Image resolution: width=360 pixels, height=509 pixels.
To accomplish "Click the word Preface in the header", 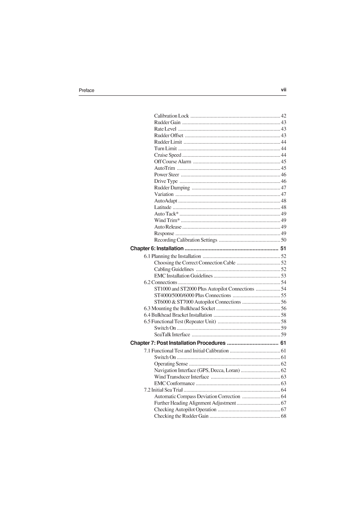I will click(x=86, y=90).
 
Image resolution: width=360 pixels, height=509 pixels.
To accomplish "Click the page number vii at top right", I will click(x=283, y=90).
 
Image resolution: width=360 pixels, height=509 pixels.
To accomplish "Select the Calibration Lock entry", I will click(x=171, y=116).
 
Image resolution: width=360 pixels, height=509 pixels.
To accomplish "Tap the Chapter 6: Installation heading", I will click(x=157, y=248).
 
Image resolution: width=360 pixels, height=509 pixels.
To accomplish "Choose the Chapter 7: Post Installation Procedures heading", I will click(x=178, y=343).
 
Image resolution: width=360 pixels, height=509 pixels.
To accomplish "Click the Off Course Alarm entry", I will click(x=173, y=162).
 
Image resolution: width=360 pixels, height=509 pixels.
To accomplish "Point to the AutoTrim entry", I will click(x=165, y=168).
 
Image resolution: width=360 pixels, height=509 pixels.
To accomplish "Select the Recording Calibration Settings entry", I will click(x=186, y=240).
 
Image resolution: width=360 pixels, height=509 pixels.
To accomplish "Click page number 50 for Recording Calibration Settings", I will click(x=283, y=240).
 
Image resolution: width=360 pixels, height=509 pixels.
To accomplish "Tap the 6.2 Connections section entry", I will click(x=161, y=282).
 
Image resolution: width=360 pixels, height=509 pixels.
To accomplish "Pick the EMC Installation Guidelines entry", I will click(x=183, y=276).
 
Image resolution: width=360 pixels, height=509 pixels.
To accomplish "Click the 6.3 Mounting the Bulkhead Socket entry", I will click(x=180, y=308).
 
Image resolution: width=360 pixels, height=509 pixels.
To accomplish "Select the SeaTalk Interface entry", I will click(x=172, y=335).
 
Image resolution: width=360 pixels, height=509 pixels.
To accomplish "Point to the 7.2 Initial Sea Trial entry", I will click(x=163, y=390).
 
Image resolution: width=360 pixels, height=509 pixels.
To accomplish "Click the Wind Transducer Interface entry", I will click(x=182, y=377).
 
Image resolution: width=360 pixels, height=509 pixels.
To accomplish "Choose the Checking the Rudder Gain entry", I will click(x=181, y=416).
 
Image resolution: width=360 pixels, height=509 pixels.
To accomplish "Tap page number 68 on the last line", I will click(x=283, y=416).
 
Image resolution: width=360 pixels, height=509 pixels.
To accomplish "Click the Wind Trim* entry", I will click(x=167, y=220).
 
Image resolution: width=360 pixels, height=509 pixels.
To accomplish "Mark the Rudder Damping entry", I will click(x=172, y=188).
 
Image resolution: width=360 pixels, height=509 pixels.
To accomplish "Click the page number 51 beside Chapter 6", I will click(x=283, y=248).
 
